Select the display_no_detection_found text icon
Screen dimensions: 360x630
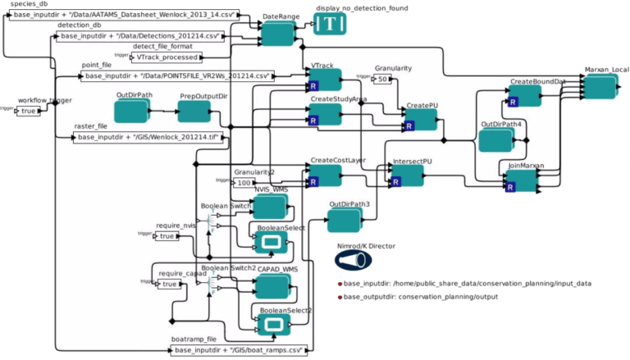[x=330, y=25]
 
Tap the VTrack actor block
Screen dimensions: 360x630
[x=323, y=80]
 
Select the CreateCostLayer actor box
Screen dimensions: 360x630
[x=323, y=175]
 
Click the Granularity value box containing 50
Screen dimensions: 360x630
[x=381, y=79]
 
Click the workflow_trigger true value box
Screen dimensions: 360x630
[x=29, y=111]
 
